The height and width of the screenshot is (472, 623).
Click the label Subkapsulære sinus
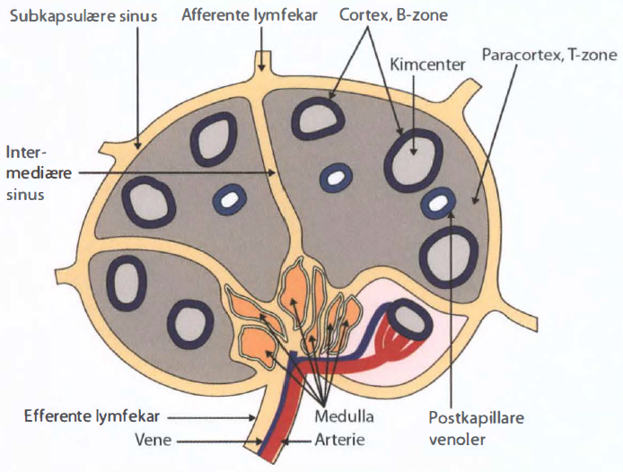[x=83, y=16]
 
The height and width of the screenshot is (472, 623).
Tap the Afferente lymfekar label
[x=250, y=15]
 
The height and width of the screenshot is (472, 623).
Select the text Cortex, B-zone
[x=393, y=15]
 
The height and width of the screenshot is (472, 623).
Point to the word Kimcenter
[x=427, y=65]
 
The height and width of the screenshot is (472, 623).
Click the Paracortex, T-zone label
[x=549, y=55]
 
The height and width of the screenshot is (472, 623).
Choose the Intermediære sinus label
[x=39, y=173]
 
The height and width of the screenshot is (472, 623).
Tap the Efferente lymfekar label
[x=92, y=416]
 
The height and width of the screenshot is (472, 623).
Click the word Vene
[x=153, y=440]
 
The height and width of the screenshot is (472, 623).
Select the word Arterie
[x=339, y=440]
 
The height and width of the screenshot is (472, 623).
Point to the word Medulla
[x=344, y=416]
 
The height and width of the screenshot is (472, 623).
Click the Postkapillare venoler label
[x=476, y=428]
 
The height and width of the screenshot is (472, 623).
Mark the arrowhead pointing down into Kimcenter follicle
[x=414, y=151]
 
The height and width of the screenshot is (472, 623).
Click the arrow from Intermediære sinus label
[x=177, y=173]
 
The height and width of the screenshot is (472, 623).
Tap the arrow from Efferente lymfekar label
[x=211, y=417]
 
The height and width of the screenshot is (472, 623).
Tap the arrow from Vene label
[x=220, y=441]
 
